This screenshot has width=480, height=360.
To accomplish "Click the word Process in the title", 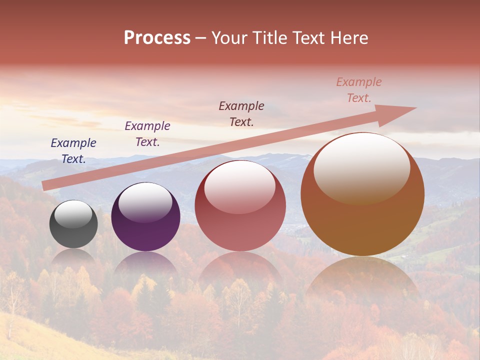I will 157,38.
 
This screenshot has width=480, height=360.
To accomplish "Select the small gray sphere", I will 73,224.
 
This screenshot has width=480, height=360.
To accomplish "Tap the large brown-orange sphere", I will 362,194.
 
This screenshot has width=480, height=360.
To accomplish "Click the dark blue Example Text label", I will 73,151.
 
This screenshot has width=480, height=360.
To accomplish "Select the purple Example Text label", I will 147,134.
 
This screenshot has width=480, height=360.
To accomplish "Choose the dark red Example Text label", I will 241,113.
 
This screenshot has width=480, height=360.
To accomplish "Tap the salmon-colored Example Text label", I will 359,90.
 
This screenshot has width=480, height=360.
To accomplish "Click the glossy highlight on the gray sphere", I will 73,214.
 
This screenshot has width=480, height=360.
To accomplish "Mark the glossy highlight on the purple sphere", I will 145,202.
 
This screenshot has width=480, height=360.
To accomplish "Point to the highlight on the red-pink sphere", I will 240,187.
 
